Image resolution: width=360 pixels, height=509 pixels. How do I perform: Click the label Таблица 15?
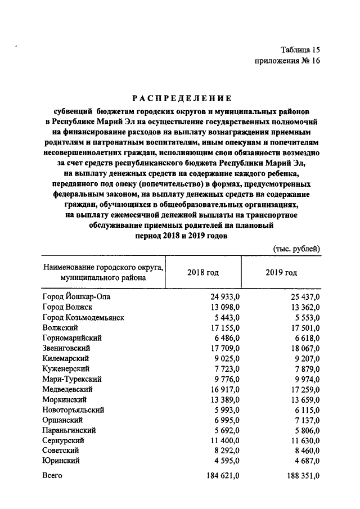(x=299, y=49)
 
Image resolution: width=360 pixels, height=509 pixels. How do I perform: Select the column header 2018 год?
(x=202, y=272)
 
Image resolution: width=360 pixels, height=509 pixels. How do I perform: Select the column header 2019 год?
(x=281, y=272)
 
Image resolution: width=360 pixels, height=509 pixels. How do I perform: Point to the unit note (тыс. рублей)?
(x=296, y=248)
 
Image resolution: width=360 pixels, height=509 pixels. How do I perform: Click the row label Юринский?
(x=61, y=461)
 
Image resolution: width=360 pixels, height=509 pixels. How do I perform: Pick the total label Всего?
(x=52, y=476)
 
